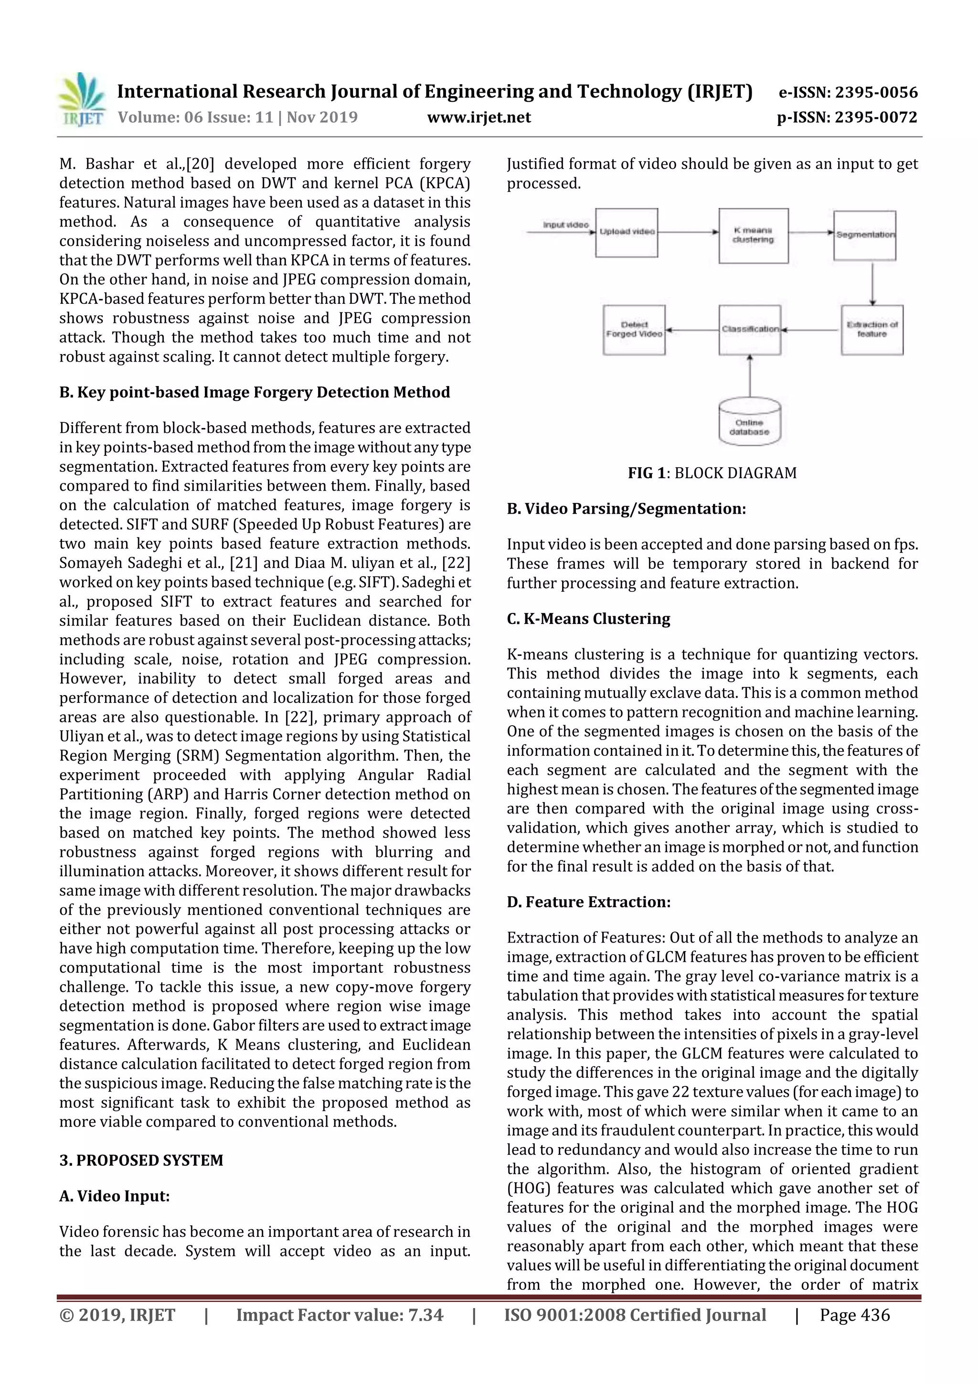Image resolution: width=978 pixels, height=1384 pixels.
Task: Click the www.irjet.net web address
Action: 479,117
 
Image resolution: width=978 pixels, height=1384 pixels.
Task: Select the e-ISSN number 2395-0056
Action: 848,92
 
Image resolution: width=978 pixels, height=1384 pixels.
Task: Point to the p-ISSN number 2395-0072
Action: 847,117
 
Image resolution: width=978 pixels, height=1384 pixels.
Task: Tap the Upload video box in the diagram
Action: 626,233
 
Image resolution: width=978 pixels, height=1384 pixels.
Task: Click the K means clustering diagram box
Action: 753,236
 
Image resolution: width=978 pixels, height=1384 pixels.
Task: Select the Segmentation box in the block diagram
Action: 865,235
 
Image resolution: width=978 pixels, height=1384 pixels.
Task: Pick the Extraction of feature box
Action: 872,330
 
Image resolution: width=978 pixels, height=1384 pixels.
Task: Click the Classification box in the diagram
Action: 750,330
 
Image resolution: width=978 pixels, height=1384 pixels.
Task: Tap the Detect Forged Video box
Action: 634,330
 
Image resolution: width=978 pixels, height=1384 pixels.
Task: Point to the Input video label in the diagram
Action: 565,225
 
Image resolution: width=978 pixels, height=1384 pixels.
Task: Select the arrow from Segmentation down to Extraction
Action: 872,283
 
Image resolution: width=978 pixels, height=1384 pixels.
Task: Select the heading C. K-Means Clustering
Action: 588,619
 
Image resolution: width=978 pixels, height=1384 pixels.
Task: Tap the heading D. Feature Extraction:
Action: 588,902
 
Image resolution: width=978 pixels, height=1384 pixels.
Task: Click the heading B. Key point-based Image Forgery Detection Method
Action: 255,392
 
